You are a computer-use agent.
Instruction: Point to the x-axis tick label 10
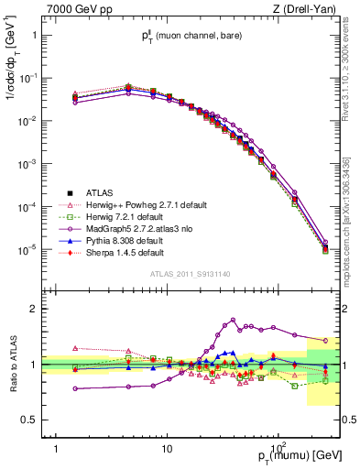click(x=166, y=438)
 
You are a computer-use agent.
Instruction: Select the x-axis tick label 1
click(x=57, y=438)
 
